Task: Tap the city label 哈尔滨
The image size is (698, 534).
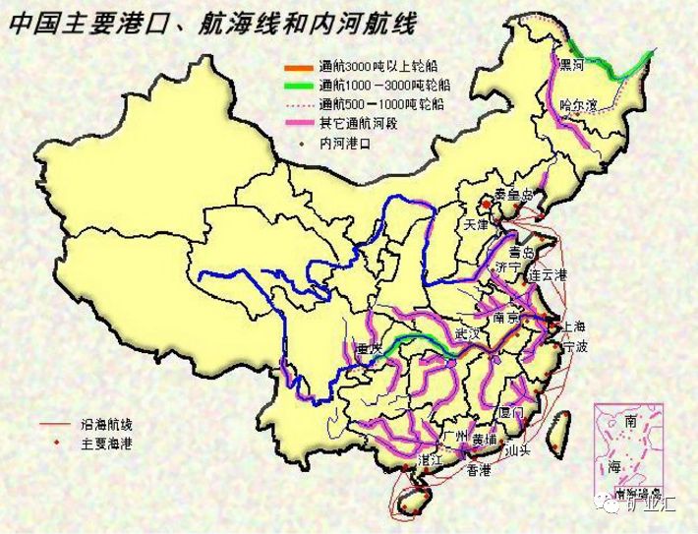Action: coord(578,105)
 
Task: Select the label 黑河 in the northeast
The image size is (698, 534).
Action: coord(571,66)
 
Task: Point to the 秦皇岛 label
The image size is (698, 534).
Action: coord(514,194)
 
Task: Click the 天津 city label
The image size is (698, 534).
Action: coord(476,224)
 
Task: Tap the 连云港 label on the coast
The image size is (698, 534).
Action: coord(548,274)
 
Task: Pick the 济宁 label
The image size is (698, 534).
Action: coord(508,267)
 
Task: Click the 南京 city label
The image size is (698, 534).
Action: coord(507,318)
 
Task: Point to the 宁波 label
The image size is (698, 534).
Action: coord(575,347)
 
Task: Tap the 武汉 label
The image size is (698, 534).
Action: coord(470,334)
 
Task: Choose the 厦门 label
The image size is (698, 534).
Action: coord(513,412)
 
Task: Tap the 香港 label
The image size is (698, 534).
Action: coord(478,471)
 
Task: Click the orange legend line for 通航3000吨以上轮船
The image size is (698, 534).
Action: coord(297,67)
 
